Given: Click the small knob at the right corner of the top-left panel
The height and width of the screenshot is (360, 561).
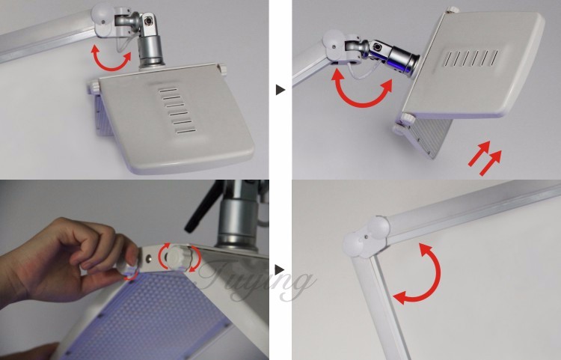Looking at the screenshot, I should [x=221, y=69].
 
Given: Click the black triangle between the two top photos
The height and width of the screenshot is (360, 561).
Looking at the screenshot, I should [x=280, y=90].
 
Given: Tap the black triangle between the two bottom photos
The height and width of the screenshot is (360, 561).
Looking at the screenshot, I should [x=280, y=269].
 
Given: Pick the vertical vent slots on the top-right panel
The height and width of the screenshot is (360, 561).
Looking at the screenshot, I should [x=470, y=58].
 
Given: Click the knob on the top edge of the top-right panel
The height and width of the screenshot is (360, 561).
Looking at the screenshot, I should [x=452, y=10].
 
